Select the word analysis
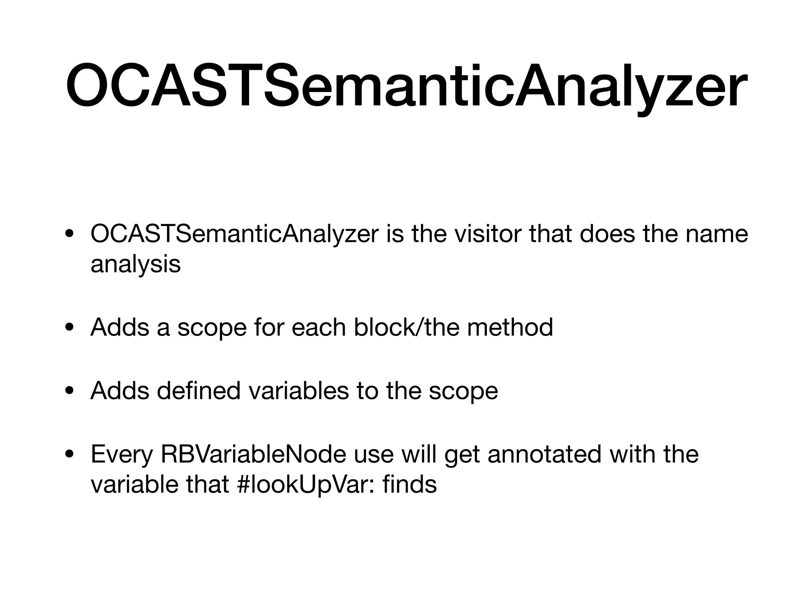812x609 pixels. pyautogui.click(x=136, y=264)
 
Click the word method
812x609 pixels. pyautogui.click(x=510, y=327)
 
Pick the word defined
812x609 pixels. pyautogui.click(x=199, y=391)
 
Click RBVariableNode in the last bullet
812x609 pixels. pyautogui.click(x=253, y=454)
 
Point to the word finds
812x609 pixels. pyautogui.click(x=410, y=485)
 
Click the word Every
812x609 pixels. pyautogui.click(x=121, y=454)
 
